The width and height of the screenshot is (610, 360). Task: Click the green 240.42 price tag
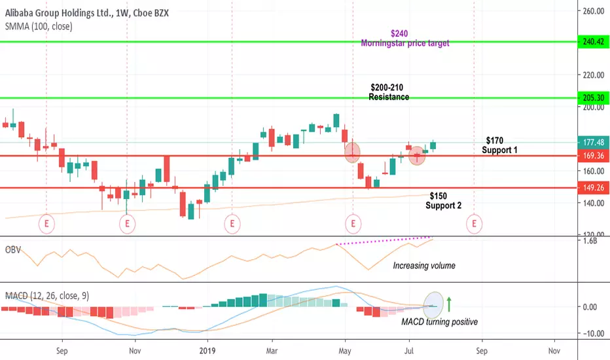(x=594, y=42)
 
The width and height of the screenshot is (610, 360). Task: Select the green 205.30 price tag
(x=594, y=98)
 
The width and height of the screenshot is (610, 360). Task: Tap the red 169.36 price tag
(x=594, y=156)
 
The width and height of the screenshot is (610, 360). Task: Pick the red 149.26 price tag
(x=594, y=188)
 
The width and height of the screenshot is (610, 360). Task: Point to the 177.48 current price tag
(x=594, y=143)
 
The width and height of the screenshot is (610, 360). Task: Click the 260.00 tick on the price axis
(x=593, y=11)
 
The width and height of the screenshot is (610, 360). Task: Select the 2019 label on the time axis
(x=207, y=351)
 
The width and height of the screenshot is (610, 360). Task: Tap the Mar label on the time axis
(x=272, y=351)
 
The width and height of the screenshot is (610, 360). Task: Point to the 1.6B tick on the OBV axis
(x=590, y=240)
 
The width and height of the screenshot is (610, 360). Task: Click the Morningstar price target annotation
(x=405, y=43)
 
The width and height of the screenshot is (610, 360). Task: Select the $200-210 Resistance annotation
(x=388, y=92)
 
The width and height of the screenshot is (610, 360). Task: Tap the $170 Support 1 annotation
(x=499, y=145)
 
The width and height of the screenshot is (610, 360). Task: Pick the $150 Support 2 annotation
(x=443, y=200)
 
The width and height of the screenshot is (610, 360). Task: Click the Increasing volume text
(x=424, y=266)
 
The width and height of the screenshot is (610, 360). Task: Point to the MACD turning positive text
(x=440, y=322)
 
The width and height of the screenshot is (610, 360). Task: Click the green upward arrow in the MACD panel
(x=449, y=304)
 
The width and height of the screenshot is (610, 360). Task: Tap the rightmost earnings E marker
(x=474, y=224)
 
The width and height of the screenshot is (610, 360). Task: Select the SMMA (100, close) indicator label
(x=39, y=26)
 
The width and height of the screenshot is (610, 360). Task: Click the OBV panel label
(x=13, y=250)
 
